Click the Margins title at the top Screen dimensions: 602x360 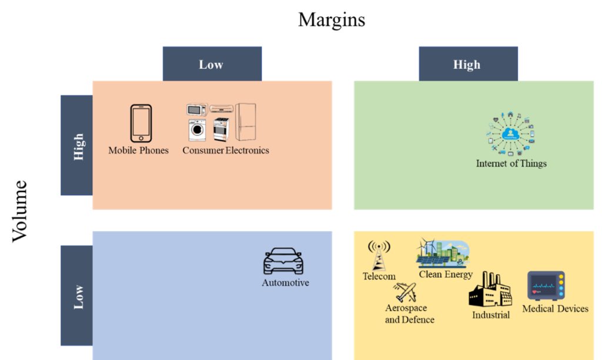331,19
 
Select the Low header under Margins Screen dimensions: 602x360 211,65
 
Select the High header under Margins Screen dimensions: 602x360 467,65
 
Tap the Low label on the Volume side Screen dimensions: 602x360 78,296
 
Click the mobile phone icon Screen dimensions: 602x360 141,124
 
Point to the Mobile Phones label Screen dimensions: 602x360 138,151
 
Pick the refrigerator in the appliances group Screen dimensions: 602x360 246,122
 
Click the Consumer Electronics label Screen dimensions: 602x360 225,151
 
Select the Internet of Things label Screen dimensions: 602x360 511,164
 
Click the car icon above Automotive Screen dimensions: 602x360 283,261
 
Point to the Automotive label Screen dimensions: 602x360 285,283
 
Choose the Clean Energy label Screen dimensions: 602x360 446,275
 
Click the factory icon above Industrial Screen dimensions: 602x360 490,290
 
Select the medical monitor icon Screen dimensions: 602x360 546,286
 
